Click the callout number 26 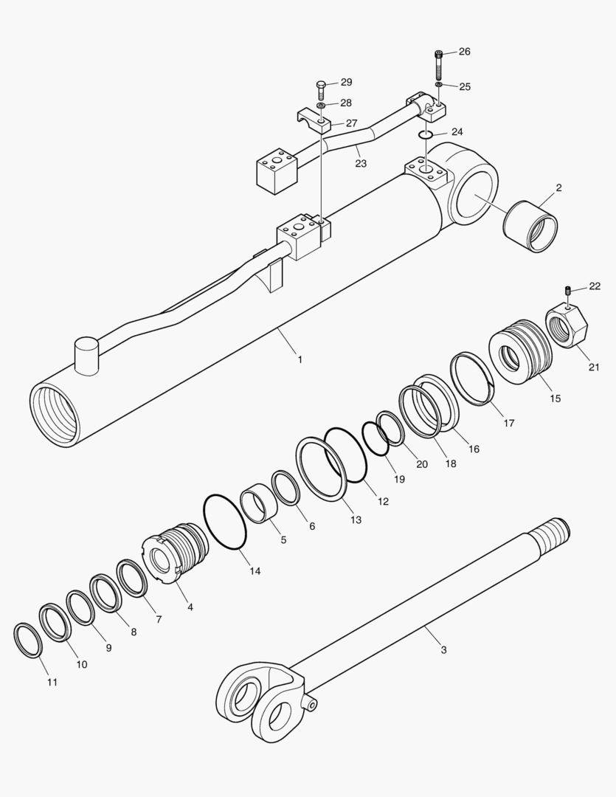pyautogui.click(x=464, y=52)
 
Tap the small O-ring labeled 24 pyautogui.click(x=426, y=134)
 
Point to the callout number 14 pyautogui.click(x=255, y=570)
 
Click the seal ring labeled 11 pyautogui.click(x=29, y=640)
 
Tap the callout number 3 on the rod pyautogui.click(x=443, y=650)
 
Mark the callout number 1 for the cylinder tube pyautogui.click(x=300, y=359)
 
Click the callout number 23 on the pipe pyautogui.click(x=360, y=163)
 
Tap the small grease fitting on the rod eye pyautogui.click(x=313, y=705)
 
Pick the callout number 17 pyautogui.click(x=508, y=423)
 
